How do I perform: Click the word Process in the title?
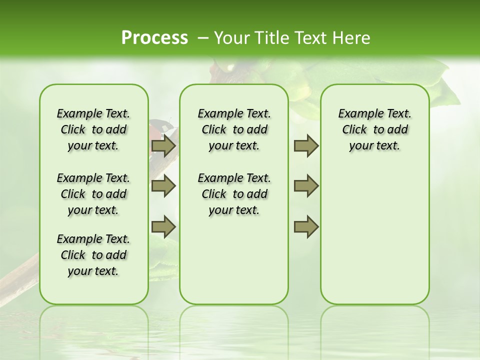click(x=154, y=37)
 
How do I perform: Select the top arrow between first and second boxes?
click(x=163, y=146)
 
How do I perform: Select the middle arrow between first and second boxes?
click(x=163, y=186)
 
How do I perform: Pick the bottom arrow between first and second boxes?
click(x=163, y=226)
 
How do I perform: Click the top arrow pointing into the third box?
click(x=306, y=146)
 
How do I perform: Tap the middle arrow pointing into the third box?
click(x=306, y=186)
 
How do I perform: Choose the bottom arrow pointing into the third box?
click(x=306, y=226)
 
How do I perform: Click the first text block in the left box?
click(x=93, y=129)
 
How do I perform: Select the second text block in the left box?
click(x=93, y=194)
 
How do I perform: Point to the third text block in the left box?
click(x=93, y=255)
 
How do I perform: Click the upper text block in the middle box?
click(x=234, y=129)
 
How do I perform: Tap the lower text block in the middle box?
click(x=234, y=194)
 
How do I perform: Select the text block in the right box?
click(x=374, y=129)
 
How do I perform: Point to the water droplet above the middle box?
click(x=231, y=67)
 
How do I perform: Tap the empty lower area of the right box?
click(x=374, y=240)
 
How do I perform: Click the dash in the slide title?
click(x=202, y=38)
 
